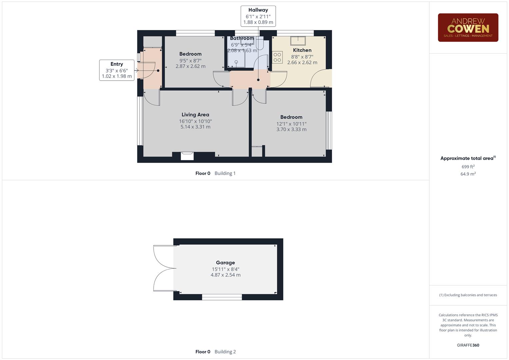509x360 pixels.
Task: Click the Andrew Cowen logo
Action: (468, 28)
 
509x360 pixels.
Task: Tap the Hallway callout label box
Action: (258, 16)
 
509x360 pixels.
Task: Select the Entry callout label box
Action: (117, 70)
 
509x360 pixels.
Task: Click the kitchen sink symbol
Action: (298, 40)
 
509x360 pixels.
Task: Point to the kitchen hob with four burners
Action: (277, 57)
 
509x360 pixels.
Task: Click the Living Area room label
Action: (195, 115)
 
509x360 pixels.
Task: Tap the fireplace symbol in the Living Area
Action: (187, 156)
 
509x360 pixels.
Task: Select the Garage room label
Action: (225, 263)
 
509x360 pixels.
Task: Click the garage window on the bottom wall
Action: (222, 297)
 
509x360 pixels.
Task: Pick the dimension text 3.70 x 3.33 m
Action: (291, 129)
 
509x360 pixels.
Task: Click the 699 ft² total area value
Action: (468, 167)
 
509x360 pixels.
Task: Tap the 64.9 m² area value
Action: (468, 174)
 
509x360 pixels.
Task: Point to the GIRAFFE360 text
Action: (468, 345)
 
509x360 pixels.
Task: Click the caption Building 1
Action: (225, 173)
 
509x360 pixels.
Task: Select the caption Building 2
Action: (225, 352)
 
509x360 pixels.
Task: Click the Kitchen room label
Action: (302, 50)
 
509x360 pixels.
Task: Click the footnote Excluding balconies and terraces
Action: (468, 295)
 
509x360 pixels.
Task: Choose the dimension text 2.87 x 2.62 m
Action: (190, 66)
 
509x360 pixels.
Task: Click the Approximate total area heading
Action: (467, 158)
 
